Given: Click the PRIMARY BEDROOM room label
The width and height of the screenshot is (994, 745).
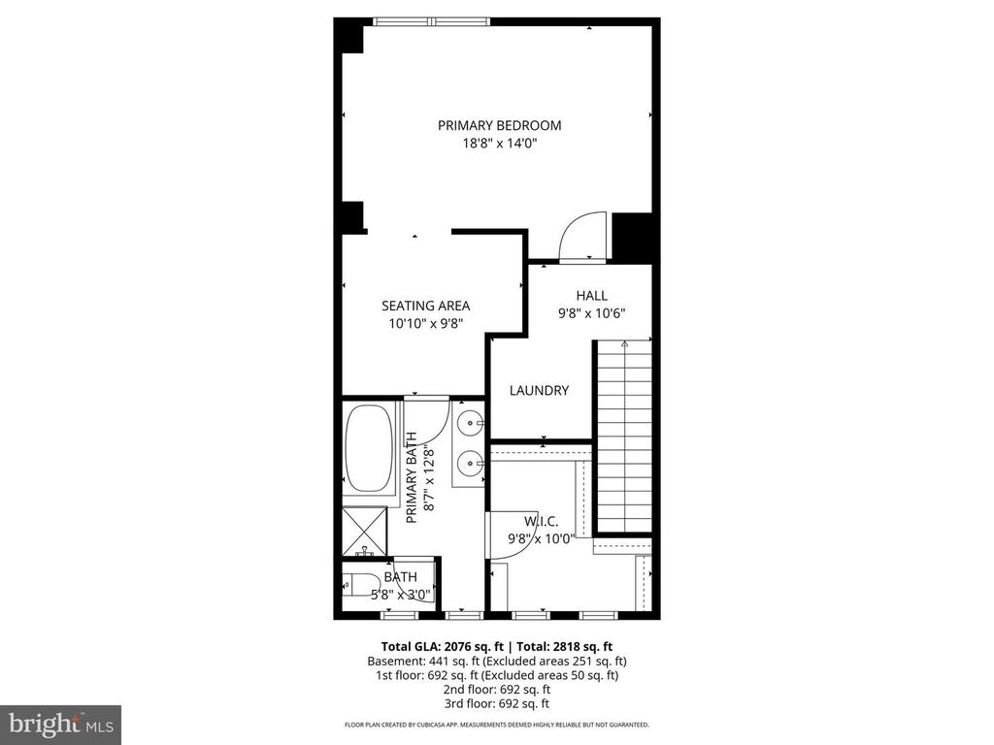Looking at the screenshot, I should [x=499, y=125].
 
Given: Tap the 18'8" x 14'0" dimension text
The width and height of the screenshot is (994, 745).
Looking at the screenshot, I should [x=499, y=144].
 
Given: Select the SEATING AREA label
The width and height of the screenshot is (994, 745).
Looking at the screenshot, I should [x=425, y=306].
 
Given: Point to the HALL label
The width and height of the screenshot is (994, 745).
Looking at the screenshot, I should [x=591, y=296].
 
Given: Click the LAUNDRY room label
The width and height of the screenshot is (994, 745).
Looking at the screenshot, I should [x=539, y=390].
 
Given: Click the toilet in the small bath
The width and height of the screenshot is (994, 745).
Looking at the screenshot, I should [x=361, y=585].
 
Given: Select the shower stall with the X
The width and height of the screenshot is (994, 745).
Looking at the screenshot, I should [x=365, y=529].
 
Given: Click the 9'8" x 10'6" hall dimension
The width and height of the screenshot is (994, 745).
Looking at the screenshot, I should [x=591, y=313].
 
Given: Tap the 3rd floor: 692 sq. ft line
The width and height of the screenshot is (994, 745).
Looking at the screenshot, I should [x=496, y=703].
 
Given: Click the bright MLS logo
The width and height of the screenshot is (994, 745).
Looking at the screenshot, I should [x=60, y=724].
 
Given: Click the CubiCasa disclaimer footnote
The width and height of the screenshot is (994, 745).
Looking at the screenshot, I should [x=496, y=725].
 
